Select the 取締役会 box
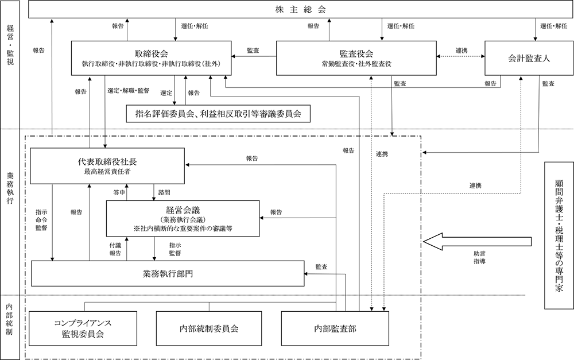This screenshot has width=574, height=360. click(x=151, y=57)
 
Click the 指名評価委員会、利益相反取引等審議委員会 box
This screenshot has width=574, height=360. click(x=218, y=113)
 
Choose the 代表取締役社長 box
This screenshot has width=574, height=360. click(x=108, y=166)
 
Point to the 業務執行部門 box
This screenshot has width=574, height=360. click(x=167, y=273)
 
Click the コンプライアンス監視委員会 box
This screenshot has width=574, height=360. click(x=83, y=328)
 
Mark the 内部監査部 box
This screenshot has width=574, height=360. click(x=335, y=328)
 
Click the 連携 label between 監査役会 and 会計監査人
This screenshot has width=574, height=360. click(x=461, y=51)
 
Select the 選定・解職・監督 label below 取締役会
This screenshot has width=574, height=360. click(x=128, y=90)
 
